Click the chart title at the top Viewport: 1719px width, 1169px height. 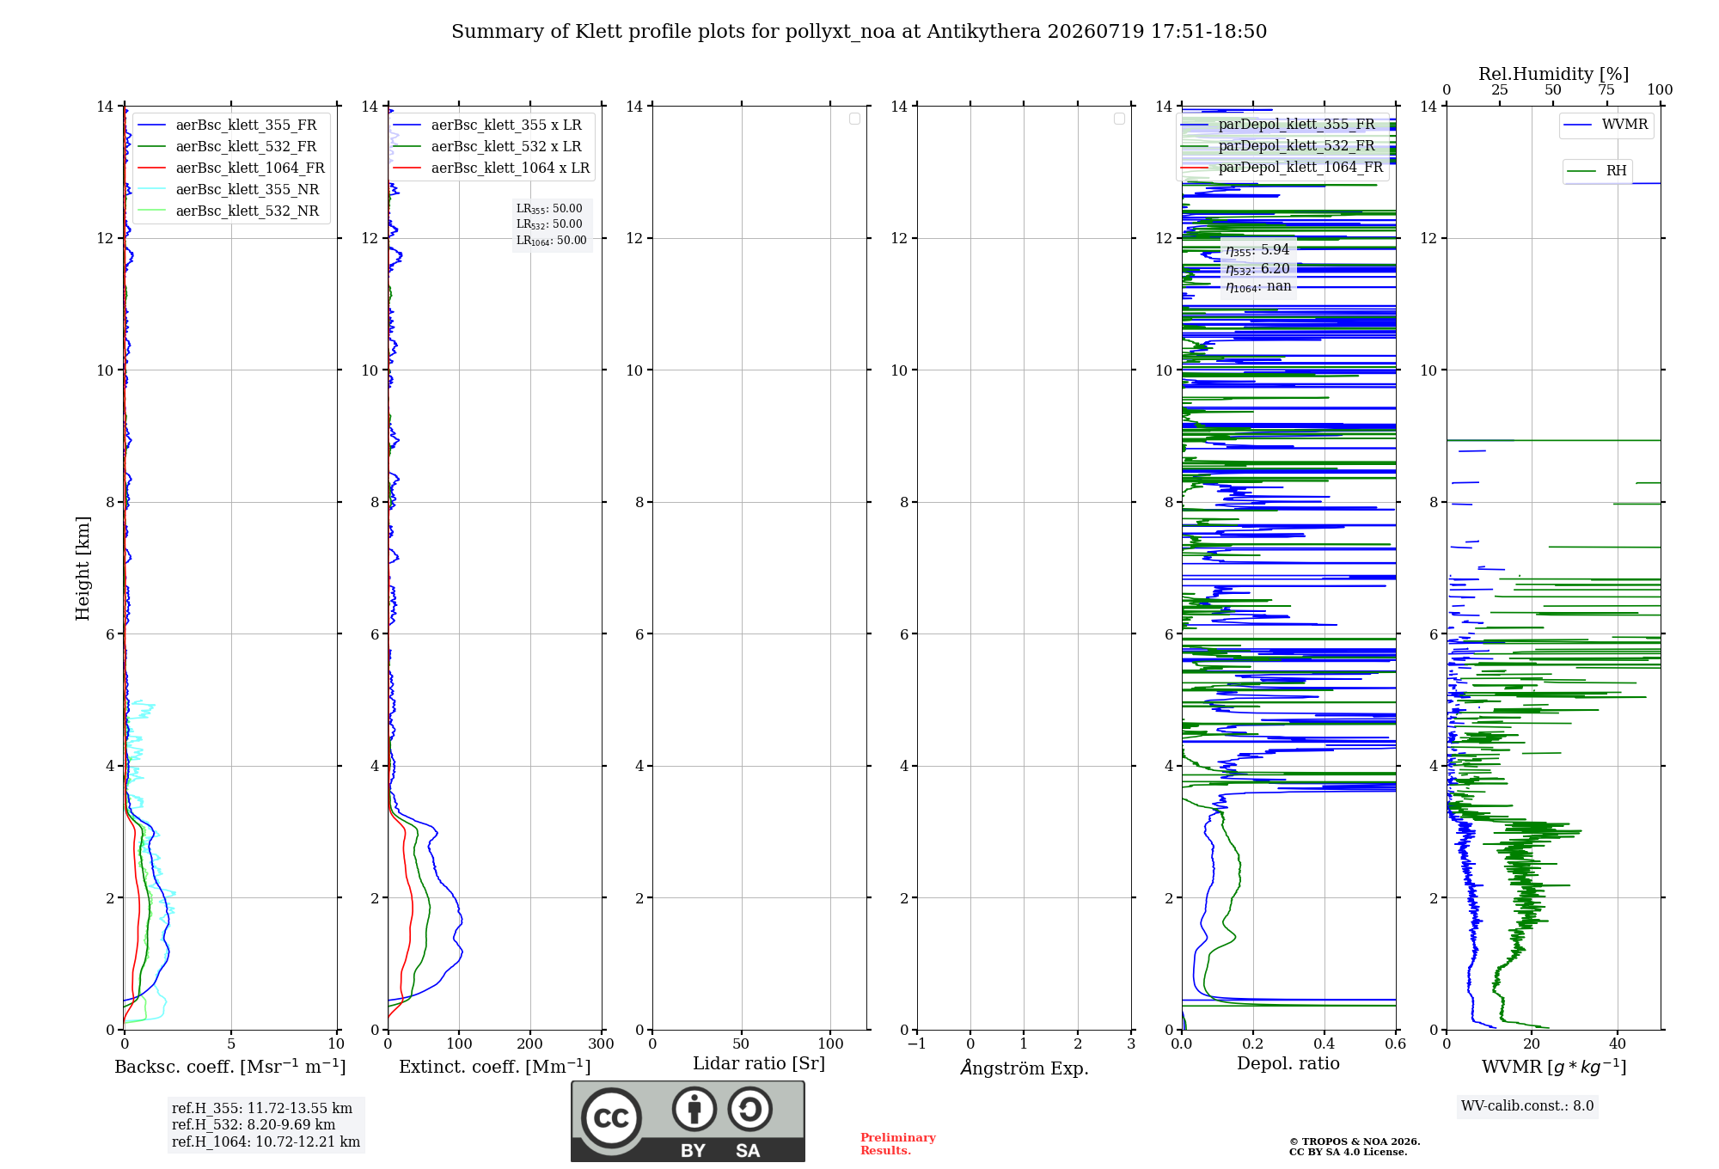(x=859, y=32)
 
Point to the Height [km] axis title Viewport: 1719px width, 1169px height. (x=83, y=568)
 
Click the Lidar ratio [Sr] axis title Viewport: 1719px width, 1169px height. (x=759, y=1064)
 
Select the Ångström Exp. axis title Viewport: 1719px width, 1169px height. (x=1025, y=1068)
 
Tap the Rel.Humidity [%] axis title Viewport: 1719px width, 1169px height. (x=1553, y=74)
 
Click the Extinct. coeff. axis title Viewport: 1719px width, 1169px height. (x=495, y=1067)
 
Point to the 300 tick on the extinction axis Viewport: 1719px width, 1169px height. (x=601, y=1044)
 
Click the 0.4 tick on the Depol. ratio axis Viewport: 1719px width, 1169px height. (x=1324, y=1044)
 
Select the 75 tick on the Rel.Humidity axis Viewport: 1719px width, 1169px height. (x=1606, y=90)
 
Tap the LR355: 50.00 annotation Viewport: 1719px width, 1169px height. (x=549, y=209)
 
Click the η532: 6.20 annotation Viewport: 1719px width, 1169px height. (x=1257, y=269)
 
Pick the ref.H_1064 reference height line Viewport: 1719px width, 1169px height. (x=266, y=1142)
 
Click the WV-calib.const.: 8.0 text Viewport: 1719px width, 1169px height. (x=1527, y=1106)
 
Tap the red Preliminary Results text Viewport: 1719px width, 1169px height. (x=898, y=1144)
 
